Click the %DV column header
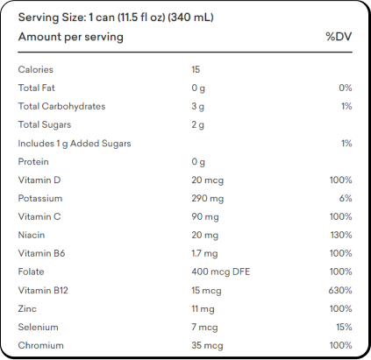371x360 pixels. point(339,37)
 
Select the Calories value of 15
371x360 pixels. point(196,69)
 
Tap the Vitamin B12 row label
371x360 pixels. point(43,290)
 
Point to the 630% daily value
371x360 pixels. point(340,290)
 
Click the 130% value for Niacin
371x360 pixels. point(341,235)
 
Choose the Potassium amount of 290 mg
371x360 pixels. point(208,199)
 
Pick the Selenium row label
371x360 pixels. point(39,327)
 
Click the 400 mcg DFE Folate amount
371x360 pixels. point(221,272)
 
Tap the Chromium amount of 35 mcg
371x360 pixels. point(207,346)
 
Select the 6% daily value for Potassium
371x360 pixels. point(346,198)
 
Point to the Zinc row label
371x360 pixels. point(27,308)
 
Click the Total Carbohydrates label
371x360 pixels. point(61,106)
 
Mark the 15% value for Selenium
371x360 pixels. point(344,327)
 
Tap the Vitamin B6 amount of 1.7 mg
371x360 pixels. point(204,253)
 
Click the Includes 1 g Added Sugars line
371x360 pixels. point(75,144)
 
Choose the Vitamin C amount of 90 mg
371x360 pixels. point(205,217)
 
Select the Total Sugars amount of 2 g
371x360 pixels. point(198,125)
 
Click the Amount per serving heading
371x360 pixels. point(71,37)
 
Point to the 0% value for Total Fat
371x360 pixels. point(346,88)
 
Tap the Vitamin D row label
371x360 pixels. point(39,180)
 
